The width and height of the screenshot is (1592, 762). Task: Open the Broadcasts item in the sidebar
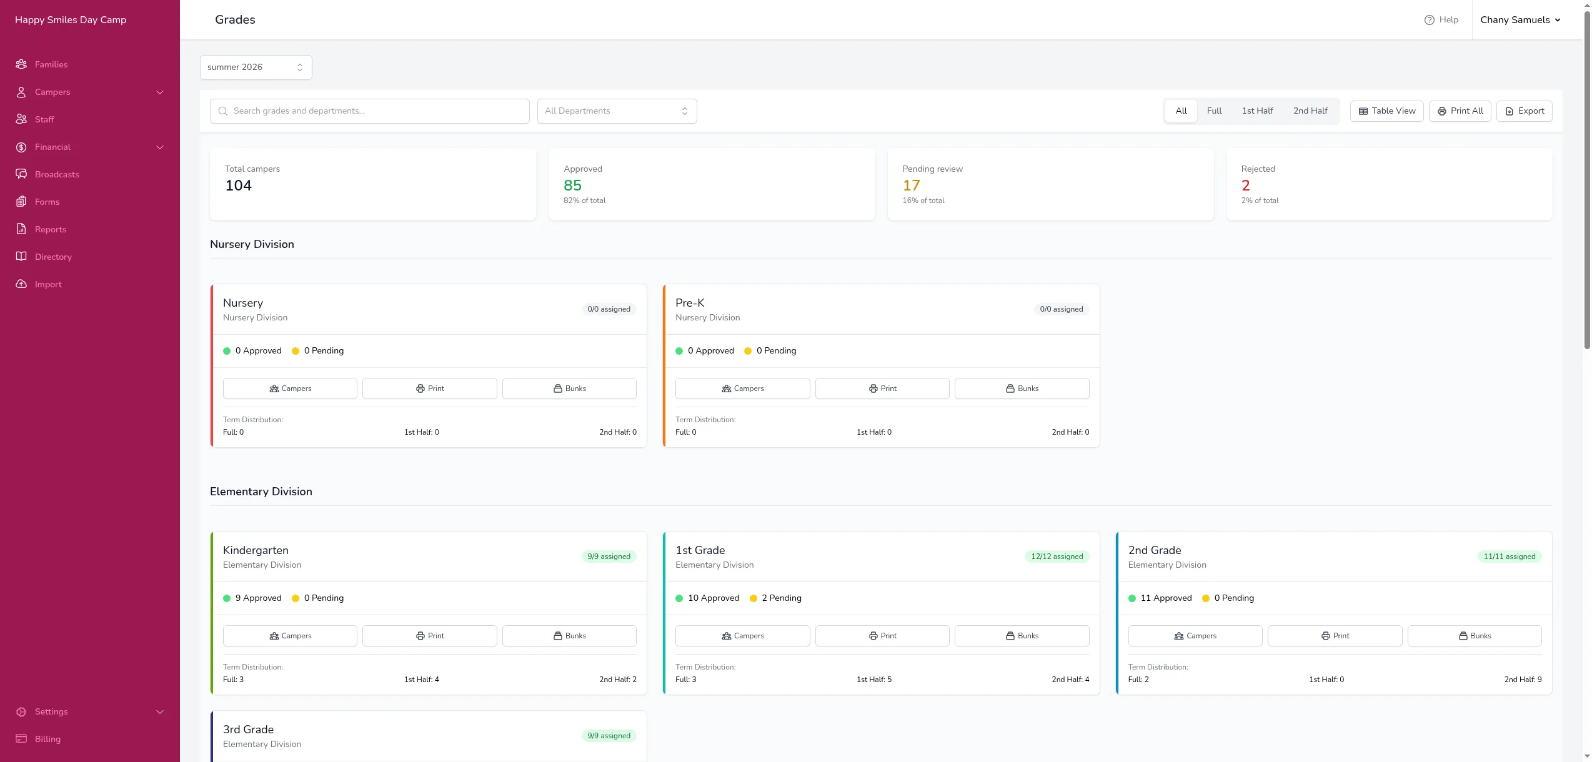(x=57, y=174)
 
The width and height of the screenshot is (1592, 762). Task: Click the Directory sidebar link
(x=53, y=257)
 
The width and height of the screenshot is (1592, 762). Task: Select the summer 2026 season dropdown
(x=256, y=67)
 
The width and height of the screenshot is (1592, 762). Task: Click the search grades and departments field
(x=370, y=111)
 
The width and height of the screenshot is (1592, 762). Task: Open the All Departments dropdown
(x=617, y=111)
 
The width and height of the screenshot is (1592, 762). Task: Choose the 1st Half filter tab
(x=1257, y=111)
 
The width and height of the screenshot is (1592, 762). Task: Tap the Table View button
(x=1386, y=111)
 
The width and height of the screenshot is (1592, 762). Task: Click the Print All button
(x=1460, y=111)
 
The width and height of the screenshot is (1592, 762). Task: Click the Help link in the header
(x=1441, y=20)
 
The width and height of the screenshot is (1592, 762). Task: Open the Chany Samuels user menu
(x=1520, y=20)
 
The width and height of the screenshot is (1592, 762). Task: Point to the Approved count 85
(x=572, y=186)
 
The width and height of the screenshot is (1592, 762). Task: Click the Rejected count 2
(x=1246, y=186)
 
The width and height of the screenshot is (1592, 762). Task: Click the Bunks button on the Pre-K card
(x=1022, y=388)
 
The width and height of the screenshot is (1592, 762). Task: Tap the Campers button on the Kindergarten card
(x=290, y=636)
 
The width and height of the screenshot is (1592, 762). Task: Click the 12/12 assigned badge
(x=1057, y=557)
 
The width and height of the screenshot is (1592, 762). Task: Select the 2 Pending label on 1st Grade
(x=781, y=598)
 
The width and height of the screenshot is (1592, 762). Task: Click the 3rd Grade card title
(x=248, y=730)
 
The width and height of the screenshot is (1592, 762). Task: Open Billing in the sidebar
(x=47, y=739)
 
